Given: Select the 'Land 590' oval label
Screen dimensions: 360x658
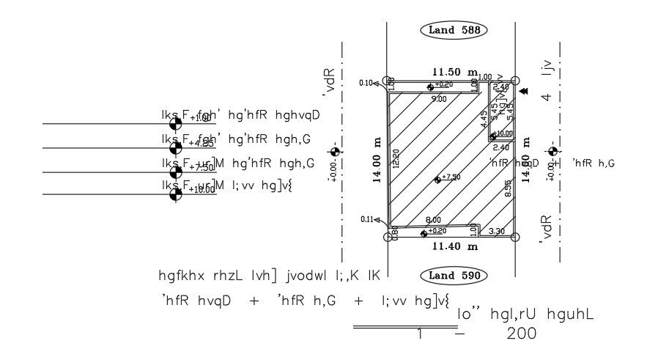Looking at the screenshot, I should [454, 276].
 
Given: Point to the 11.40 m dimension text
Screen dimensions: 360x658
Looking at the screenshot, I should [451, 248].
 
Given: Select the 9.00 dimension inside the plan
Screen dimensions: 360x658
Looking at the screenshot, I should [439, 98].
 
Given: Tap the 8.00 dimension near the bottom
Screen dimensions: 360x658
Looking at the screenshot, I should [433, 220].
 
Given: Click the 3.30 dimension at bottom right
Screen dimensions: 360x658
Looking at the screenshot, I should [496, 232].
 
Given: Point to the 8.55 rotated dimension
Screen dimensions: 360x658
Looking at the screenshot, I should [508, 189].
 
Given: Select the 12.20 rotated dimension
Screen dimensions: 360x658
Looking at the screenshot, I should [396, 160].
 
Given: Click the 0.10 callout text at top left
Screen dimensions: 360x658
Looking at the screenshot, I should [366, 83].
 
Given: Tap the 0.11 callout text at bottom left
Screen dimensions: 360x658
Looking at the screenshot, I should [366, 219].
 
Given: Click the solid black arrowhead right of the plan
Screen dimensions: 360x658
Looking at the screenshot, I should [525, 91].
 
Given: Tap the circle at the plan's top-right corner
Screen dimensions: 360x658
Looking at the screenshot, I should [515, 81].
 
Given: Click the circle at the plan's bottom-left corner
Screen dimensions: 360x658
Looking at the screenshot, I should [388, 237].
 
